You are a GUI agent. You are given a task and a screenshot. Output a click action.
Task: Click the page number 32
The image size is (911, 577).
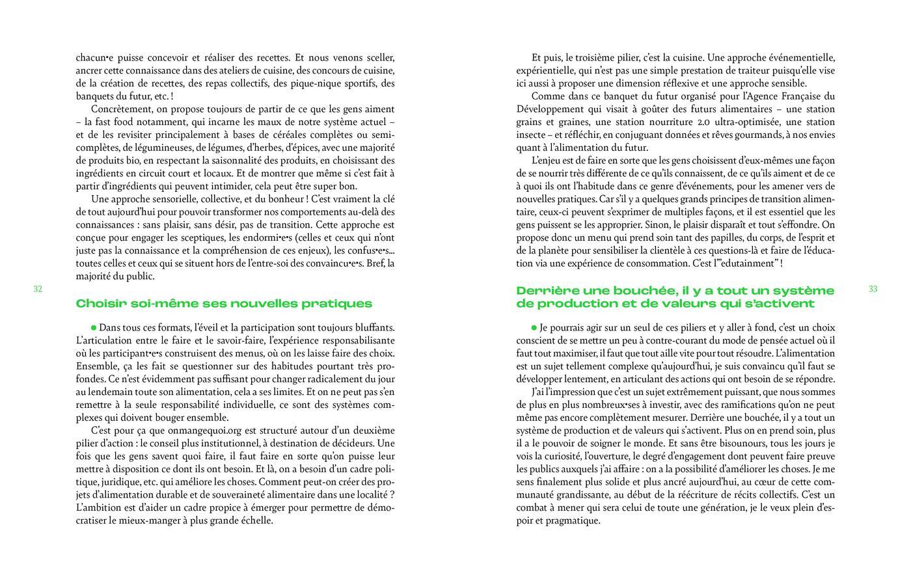(38, 289)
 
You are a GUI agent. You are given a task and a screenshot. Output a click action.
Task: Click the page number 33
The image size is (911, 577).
(873, 289)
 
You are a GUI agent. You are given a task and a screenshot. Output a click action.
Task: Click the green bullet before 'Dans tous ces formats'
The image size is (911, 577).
(94, 327)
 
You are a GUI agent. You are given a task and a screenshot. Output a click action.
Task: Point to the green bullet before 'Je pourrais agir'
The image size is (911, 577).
(534, 327)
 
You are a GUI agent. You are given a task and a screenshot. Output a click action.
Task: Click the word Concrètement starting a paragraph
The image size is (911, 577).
(122, 109)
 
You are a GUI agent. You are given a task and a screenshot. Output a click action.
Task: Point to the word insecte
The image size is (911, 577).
(532, 135)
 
